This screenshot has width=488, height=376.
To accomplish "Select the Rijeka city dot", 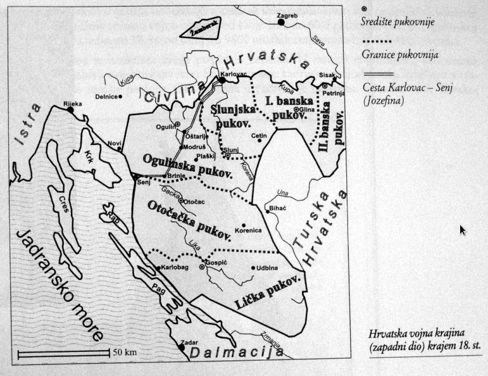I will (71, 110).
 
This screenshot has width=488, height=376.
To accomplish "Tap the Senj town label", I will (143, 183).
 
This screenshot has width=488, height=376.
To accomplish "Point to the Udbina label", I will (266, 268).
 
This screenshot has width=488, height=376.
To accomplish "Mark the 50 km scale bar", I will (63, 351).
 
